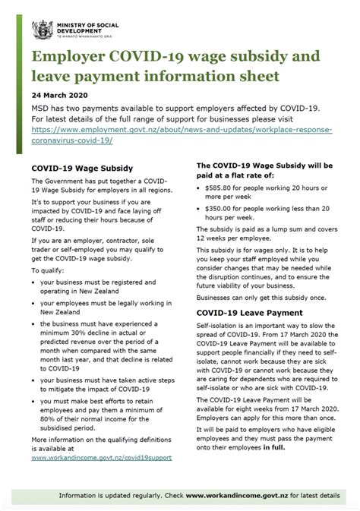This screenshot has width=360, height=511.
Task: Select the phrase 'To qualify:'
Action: click(x=47, y=270)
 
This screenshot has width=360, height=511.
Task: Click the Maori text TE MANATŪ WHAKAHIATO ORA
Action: click(x=77, y=36)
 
